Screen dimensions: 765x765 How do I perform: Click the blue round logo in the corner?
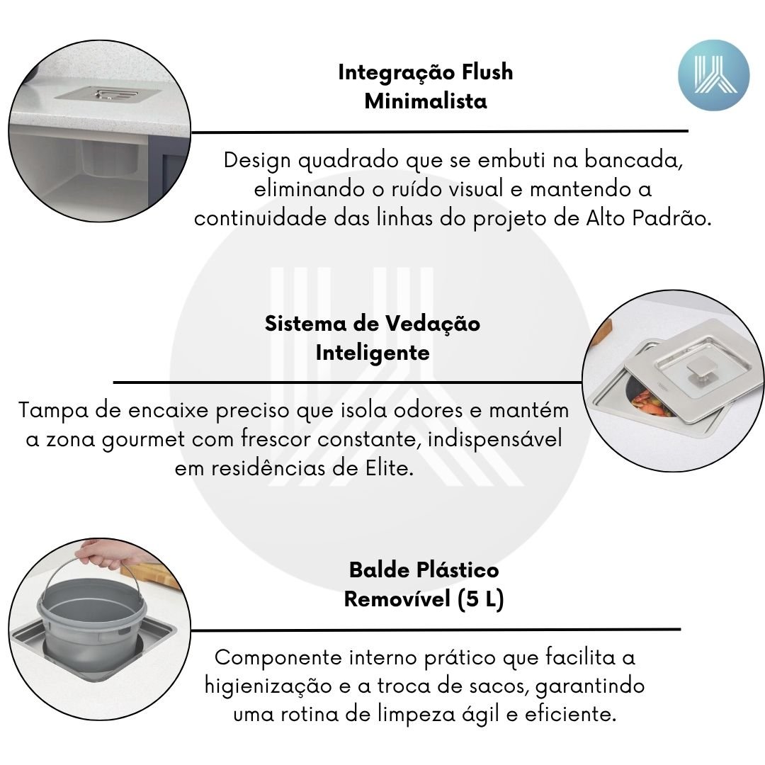pos(714,75)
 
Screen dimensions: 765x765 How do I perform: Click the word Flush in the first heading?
pos(487,72)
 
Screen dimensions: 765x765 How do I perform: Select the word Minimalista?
pos(426,101)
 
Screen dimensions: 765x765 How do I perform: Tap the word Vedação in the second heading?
pos(432,324)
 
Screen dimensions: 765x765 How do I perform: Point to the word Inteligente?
pos(373,353)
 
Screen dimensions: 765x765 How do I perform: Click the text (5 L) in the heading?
pos(480,599)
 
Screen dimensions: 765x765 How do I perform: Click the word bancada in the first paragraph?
pos(633,160)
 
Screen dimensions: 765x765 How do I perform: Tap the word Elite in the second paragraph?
pos(390,468)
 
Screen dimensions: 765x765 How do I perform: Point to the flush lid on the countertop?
pos(108,94)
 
